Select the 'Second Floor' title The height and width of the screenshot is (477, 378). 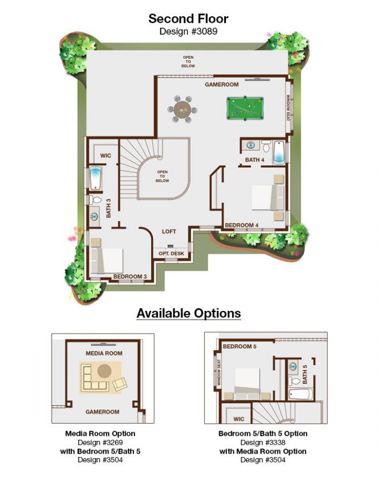(x=188, y=19)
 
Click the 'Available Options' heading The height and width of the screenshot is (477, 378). (x=188, y=313)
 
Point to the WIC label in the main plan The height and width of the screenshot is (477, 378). (x=106, y=155)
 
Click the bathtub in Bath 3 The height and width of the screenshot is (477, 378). (x=96, y=179)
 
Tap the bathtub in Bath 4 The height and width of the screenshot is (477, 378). (x=279, y=153)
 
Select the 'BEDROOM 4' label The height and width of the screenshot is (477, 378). (x=242, y=225)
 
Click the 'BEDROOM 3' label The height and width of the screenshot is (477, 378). (x=130, y=277)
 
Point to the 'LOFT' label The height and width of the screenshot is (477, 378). (x=169, y=231)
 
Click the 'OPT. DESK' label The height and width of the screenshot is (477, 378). (x=171, y=253)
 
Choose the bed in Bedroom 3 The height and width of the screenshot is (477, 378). (x=107, y=260)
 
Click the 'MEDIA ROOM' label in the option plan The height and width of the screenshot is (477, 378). (x=104, y=353)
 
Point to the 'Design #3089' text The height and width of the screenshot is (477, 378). (x=188, y=31)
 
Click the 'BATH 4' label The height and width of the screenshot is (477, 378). (x=254, y=160)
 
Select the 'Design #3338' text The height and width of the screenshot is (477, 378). (x=263, y=442)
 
